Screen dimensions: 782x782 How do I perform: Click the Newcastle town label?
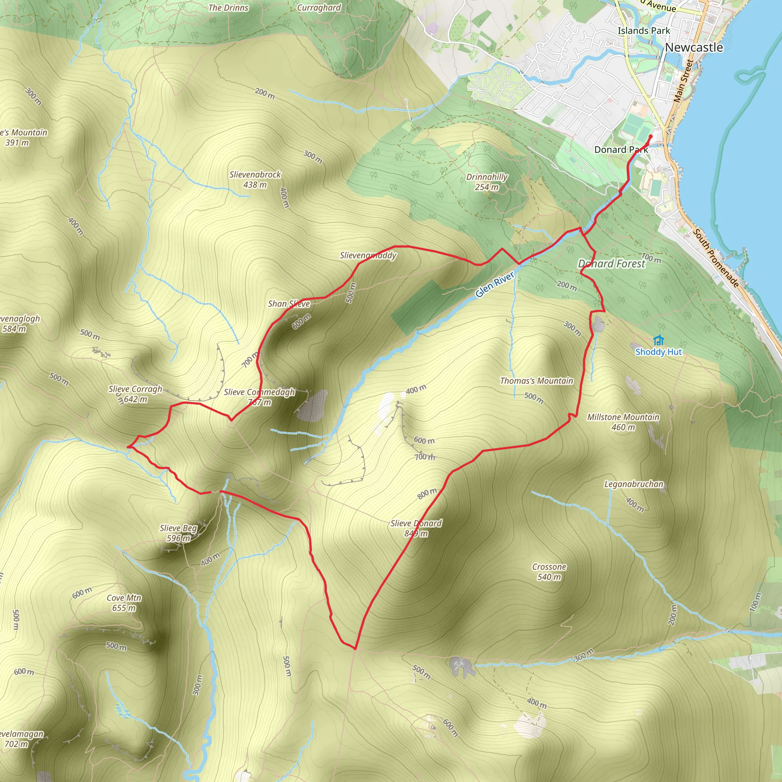click(x=693, y=47)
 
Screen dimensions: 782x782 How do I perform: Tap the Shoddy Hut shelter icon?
click(x=659, y=340)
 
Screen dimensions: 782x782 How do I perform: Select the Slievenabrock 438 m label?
click(x=255, y=179)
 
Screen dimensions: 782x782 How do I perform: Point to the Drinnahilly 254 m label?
click(x=486, y=182)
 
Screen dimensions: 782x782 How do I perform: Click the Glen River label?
click(x=494, y=284)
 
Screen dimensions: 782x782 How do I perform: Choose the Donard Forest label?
click(x=611, y=264)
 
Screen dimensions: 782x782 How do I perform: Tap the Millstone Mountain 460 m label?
click(x=623, y=422)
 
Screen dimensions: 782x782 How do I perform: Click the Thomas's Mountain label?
click(x=536, y=380)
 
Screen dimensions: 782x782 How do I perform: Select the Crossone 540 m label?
click(x=549, y=572)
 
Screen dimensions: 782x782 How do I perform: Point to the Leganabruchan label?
click(x=633, y=484)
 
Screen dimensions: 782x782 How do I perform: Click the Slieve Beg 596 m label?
click(x=178, y=533)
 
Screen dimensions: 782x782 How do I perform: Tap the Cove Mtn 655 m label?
click(x=124, y=603)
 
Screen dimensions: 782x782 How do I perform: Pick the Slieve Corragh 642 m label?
click(x=135, y=394)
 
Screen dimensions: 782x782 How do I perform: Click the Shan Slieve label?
click(x=289, y=304)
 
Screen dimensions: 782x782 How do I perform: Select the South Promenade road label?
click(x=716, y=258)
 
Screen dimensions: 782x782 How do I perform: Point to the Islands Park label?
click(x=643, y=31)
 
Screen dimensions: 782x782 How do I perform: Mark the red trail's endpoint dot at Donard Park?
click(x=650, y=136)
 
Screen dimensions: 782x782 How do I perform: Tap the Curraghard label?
click(x=319, y=8)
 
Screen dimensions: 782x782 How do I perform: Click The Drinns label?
click(x=228, y=8)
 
